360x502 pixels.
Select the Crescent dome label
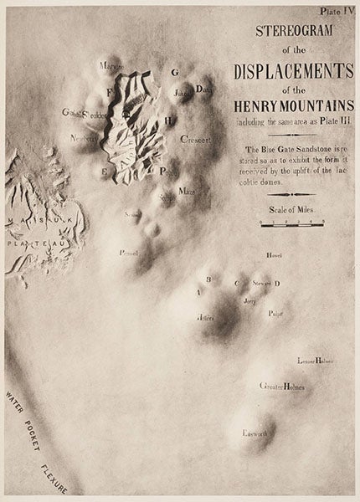click(193, 141)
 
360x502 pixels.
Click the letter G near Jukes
click(175, 73)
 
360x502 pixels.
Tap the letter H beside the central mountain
click(169, 120)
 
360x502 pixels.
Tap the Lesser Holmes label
click(316, 361)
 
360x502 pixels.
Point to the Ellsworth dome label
click(252, 433)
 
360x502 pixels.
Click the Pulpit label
click(276, 313)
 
